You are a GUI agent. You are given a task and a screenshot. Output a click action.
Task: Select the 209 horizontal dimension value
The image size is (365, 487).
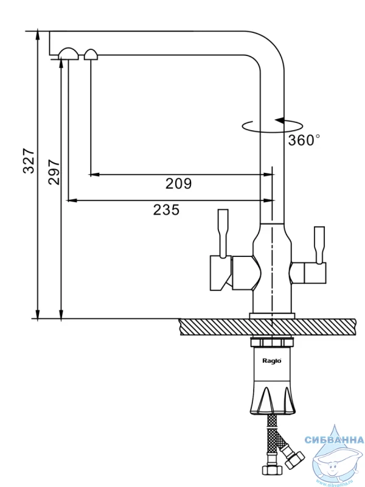178,183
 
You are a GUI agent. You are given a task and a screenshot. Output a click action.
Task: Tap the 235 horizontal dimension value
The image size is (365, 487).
166,210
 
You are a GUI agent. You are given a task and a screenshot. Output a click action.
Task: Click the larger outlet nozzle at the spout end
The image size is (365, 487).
68,54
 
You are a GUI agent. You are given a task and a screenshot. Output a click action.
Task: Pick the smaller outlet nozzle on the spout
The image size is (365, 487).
91,55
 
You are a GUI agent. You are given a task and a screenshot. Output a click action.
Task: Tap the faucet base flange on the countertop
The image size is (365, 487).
272,315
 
